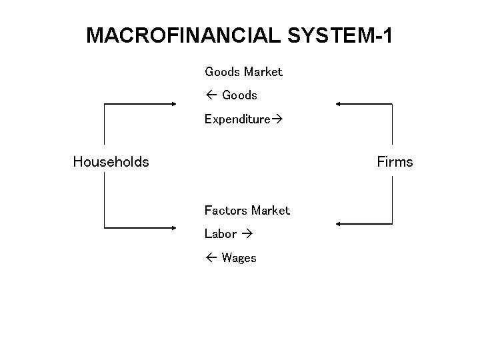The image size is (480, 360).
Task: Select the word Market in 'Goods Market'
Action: click(x=263, y=71)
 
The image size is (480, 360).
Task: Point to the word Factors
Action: click(x=225, y=211)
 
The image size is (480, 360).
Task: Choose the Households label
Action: click(x=111, y=161)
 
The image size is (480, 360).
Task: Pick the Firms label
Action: click(x=395, y=161)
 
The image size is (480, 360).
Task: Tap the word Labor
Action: click(x=221, y=234)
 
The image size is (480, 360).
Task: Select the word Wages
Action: click(x=239, y=258)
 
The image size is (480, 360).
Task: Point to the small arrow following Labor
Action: click(x=247, y=234)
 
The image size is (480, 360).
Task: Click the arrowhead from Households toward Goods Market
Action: click(x=173, y=104)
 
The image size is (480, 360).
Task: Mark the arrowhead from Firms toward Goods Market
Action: click(x=339, y=104)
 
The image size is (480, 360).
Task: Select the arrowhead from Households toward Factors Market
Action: click(x=173, y=228)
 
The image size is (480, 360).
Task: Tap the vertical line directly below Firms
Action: click(x=392, y=200)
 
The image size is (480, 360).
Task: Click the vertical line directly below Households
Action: click(x=104, y=200)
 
